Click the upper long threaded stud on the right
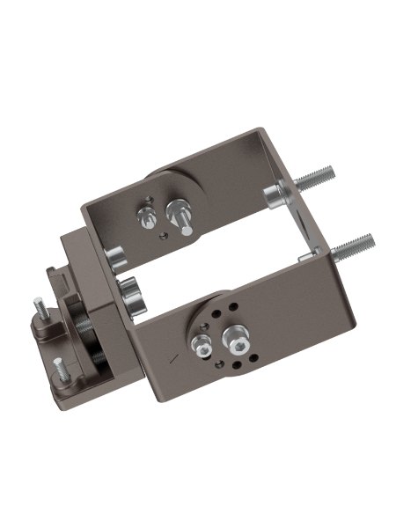(x=324, y=180)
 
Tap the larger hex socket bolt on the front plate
(x=236, y=336)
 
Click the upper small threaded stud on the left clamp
(x=40, y=307)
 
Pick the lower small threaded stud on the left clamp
(x=58, y=364)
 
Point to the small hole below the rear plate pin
(x=161, y=235)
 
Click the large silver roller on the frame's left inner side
(x=132, y=296)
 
